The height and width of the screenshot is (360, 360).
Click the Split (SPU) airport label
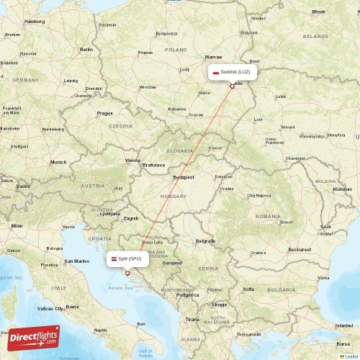(x=126, y=258)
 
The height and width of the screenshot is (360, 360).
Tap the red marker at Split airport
(x=127, y=272)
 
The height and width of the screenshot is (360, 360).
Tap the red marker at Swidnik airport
(x=232, y=86)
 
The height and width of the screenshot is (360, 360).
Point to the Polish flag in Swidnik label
(x=215, y=72)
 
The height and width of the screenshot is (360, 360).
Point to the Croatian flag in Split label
(x=113, y=258)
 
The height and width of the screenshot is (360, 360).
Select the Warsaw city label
(x=213, y=56)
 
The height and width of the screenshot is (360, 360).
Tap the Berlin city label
(x=87, y=49)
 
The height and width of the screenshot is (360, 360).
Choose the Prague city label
(x=105, y=113)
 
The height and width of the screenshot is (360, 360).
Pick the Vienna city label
(x=133, y=161)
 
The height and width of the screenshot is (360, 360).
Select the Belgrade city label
(x=205, y=240)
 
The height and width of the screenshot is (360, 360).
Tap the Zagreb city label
(x=131, y=217)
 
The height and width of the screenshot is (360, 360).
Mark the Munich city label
(x=58, y=162)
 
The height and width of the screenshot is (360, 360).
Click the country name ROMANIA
(x=267, y=216)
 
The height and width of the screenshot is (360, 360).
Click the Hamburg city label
(x=35, y=22)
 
